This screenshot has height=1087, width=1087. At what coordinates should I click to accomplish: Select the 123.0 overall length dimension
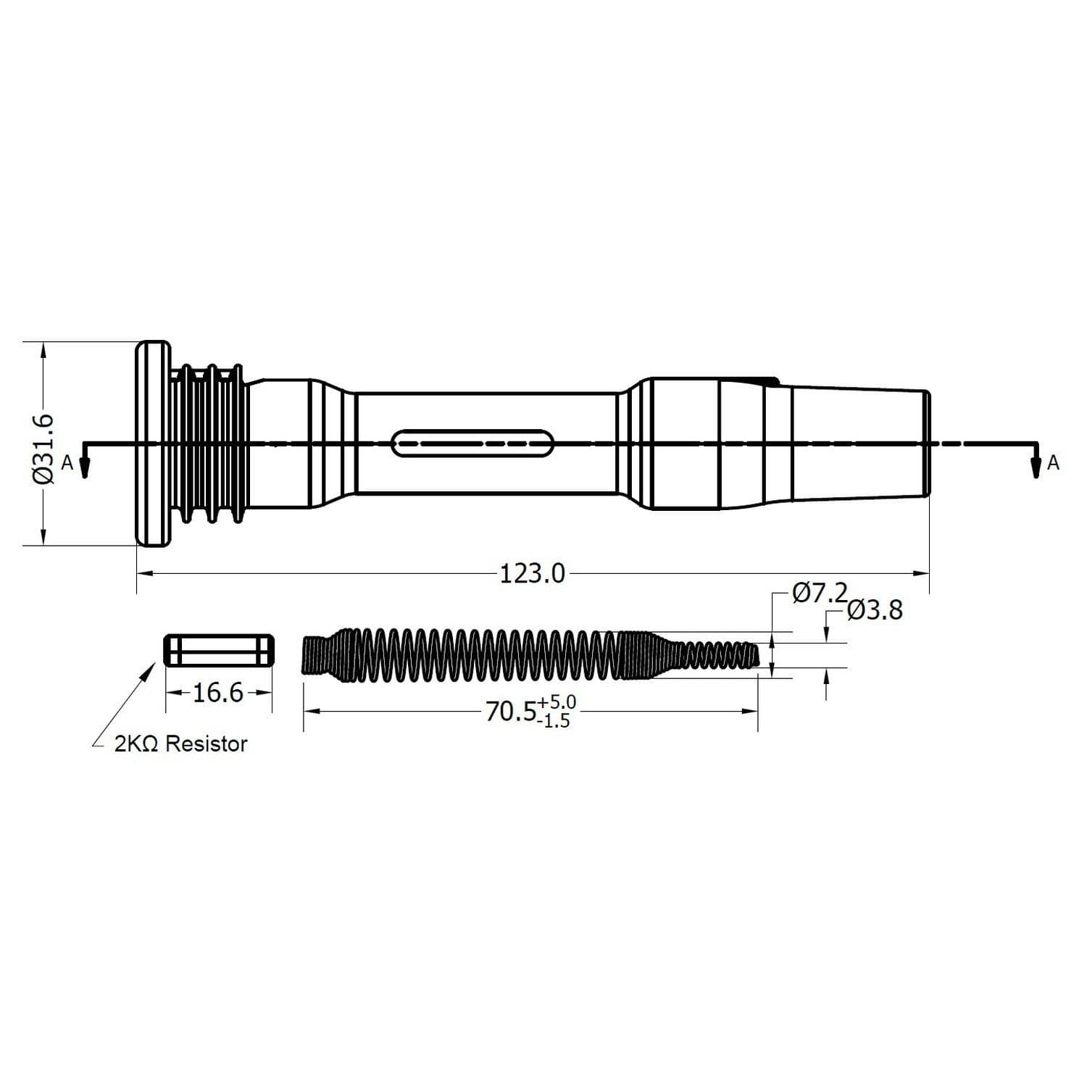(532, 574)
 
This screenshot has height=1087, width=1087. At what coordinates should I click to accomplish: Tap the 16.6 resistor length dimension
(218, 693)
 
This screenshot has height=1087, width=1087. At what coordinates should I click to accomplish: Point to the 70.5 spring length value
(509, 712)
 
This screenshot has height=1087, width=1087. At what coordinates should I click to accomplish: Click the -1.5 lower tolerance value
(554, 721)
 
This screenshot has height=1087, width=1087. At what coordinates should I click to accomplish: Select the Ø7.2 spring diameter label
(819, 594)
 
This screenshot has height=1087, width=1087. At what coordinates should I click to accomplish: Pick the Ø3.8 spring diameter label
(874, 611)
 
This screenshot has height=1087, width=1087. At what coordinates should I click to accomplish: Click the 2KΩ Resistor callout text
(180, 744)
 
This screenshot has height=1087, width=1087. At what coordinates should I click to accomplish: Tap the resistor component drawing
(219, 650)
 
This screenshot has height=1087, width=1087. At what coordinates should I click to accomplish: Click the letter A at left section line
(67, 463)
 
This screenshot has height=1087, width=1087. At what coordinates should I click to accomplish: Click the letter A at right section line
(1053, 463)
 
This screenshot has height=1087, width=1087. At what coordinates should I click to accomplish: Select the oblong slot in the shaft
(472, 443)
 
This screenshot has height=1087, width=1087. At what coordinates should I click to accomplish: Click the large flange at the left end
(153, 443)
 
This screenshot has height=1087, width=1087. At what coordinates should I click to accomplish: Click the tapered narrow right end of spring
(717, 654)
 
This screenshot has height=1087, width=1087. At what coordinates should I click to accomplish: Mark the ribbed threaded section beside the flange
(209, 443)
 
